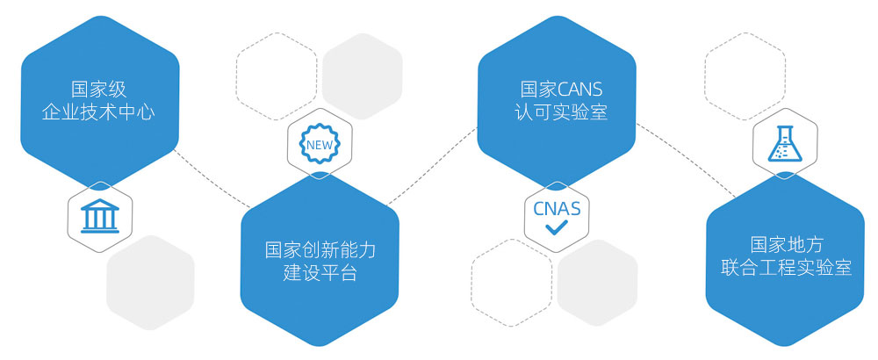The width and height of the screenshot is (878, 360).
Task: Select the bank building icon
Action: pos(98,217)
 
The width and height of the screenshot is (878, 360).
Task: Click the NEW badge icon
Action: pos(319,142)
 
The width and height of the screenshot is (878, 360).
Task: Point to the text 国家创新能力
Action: pos(320,250)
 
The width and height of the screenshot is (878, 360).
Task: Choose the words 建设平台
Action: pos(320,273)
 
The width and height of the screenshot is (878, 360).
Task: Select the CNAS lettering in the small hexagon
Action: pos(557,209)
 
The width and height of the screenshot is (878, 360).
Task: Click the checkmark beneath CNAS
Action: pos(557,229)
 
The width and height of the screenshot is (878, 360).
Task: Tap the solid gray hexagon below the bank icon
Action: pos(150,282)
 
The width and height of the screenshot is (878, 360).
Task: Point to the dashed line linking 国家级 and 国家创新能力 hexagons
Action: pos(211,180)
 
